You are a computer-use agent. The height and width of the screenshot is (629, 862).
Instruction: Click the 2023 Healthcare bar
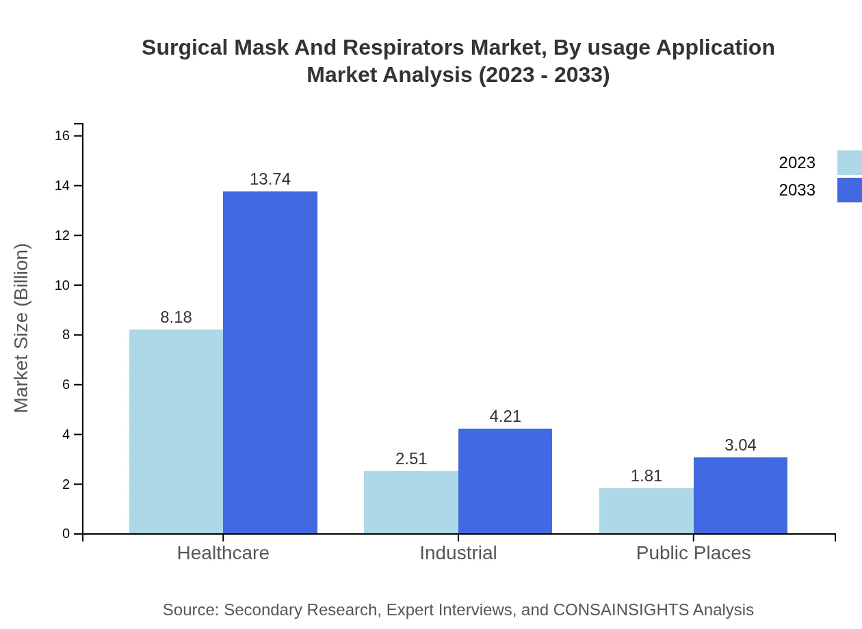[x=176, y=431]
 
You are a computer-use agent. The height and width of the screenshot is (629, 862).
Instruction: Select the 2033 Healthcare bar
[x=270, y=362]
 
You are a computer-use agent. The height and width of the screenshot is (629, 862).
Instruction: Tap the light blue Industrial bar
[x=410, y=502]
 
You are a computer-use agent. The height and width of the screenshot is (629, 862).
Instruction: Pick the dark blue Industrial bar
[x=505, y=481]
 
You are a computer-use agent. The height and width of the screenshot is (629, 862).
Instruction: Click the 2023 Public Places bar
[x=646, y=511]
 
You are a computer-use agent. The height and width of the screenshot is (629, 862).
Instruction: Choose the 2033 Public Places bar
[x=740, y=495]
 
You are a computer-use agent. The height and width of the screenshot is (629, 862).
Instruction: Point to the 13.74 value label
[x=270, y=179]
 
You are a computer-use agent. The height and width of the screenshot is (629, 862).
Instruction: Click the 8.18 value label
[x=176, y=317]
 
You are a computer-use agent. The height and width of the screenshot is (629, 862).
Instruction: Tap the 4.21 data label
[x=505, y=416]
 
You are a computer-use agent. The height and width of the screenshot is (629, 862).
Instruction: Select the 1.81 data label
[x=646, y=476]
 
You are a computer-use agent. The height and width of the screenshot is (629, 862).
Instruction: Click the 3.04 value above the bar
[x=740, y=445]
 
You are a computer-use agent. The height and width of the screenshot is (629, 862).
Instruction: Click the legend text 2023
[x=796, y=163]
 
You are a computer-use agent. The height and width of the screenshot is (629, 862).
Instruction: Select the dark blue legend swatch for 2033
[x=849, y=190]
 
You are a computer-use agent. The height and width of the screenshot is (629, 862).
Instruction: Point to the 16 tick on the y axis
[x=62, y=136]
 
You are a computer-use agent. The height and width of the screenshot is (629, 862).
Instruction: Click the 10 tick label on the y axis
[x=62, y=285]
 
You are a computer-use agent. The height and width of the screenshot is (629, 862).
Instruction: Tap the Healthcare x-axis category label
[x=223, y=552]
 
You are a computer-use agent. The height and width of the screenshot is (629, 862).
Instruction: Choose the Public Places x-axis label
[x=693, y=552]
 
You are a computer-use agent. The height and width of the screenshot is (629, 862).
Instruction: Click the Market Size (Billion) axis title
[x=21, y=328]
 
